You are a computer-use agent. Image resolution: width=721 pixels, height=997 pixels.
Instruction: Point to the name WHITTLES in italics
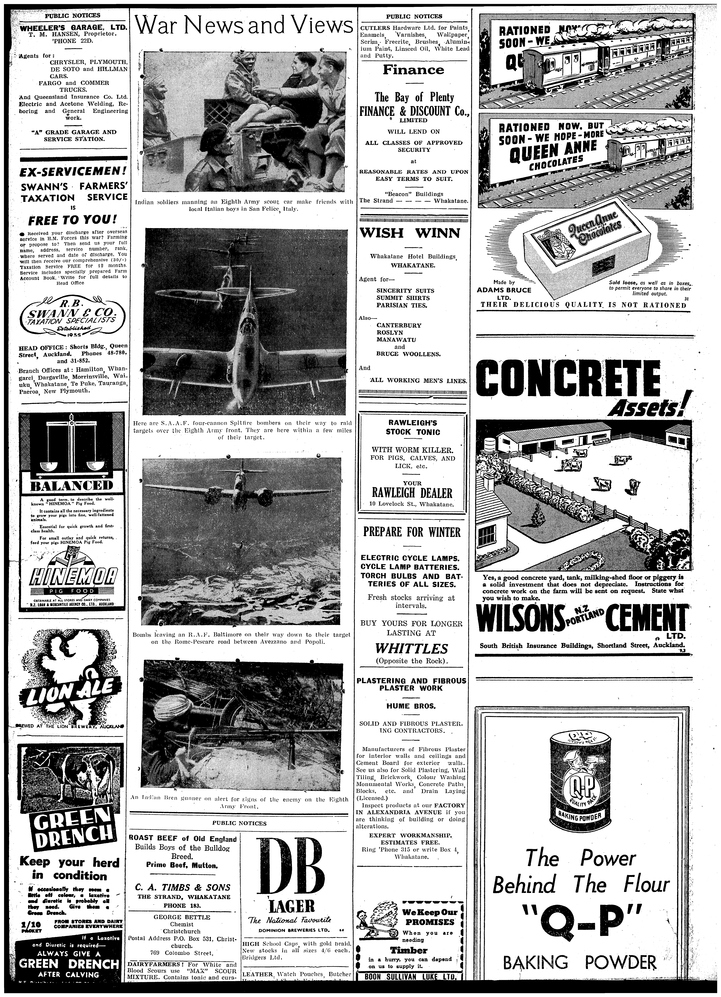pyautogui.click(x=411, y=648)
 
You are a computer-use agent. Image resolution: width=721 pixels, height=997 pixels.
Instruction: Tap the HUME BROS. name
pyautogui.click(x=411, y=706)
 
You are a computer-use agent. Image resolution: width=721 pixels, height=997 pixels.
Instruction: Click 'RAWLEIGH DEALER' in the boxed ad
pyautogui.click(x=412, y=492)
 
